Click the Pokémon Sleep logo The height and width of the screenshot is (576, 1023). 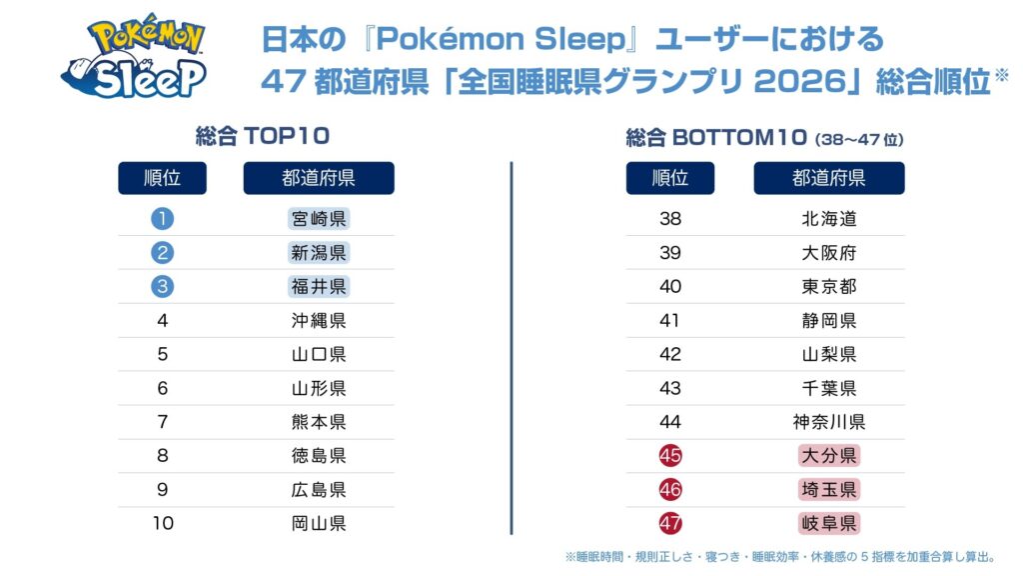point(134,56)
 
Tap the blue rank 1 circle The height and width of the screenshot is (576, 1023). point(163,218)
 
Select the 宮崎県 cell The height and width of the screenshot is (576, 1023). point(319,218)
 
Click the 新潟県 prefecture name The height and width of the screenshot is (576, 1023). point(319,253)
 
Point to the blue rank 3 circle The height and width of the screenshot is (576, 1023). point(163,286)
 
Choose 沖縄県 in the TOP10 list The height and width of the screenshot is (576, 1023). point(319,321)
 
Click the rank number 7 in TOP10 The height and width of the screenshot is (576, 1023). point(163,422)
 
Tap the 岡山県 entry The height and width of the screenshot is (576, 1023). point(319,523)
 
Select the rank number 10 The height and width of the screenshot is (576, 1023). point(163,523)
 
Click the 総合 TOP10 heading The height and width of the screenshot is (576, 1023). point(263,136)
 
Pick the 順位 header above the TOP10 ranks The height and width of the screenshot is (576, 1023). point(162,178)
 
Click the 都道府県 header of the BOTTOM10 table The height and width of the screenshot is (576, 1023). point(828,178)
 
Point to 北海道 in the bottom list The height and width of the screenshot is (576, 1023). point(828,218)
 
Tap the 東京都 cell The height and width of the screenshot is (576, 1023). point(828,286)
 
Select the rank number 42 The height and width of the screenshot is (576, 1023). point(670,354)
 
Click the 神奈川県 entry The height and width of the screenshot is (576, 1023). point(828,422)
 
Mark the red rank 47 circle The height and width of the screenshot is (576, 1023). point(670,523)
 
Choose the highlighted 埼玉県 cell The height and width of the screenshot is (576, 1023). point(828,489)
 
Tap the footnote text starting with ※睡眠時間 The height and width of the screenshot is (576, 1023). point(781,557)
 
